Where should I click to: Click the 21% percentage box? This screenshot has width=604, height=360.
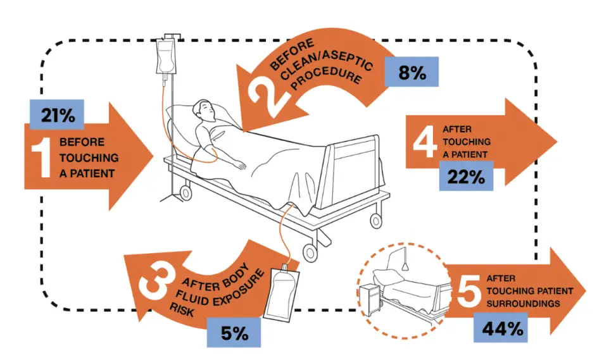click(57, 115)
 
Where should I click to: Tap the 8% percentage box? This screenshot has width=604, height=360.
click(412, 71)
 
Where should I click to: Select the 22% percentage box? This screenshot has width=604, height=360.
click(466, 176)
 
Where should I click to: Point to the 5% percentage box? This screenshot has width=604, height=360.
click(234, 333)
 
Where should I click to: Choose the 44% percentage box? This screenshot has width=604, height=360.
click(500, 328)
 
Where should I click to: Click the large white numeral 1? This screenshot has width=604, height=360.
click(41, 158)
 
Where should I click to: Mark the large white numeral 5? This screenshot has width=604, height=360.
click(469, 291)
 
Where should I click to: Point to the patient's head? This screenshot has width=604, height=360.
click(203, 111)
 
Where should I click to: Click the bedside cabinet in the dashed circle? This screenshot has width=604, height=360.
click(369, 299)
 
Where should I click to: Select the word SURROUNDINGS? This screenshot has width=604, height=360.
click(523, 304)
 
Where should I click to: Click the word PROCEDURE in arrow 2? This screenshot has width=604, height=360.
click(327, 79)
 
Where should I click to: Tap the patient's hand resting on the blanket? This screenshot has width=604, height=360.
click(239, 164)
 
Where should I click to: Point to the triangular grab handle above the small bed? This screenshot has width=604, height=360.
click(405, 266)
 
